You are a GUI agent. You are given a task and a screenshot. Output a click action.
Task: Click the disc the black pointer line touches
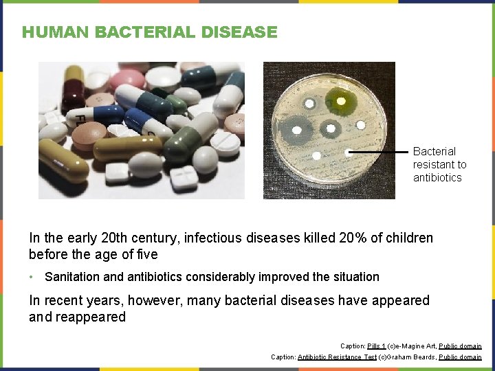(349, 153)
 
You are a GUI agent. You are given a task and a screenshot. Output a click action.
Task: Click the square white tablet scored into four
(184, 179)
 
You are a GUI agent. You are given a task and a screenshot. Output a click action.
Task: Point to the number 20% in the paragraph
(353, 238)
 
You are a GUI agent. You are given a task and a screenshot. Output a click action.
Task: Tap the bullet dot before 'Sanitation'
(32, 277)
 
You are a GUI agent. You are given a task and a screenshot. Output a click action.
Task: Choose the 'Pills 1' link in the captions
(377, 346)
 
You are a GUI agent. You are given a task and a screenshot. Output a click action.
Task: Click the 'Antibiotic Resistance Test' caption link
(337, 357)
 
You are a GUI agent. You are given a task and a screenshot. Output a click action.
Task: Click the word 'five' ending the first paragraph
(146, 254)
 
